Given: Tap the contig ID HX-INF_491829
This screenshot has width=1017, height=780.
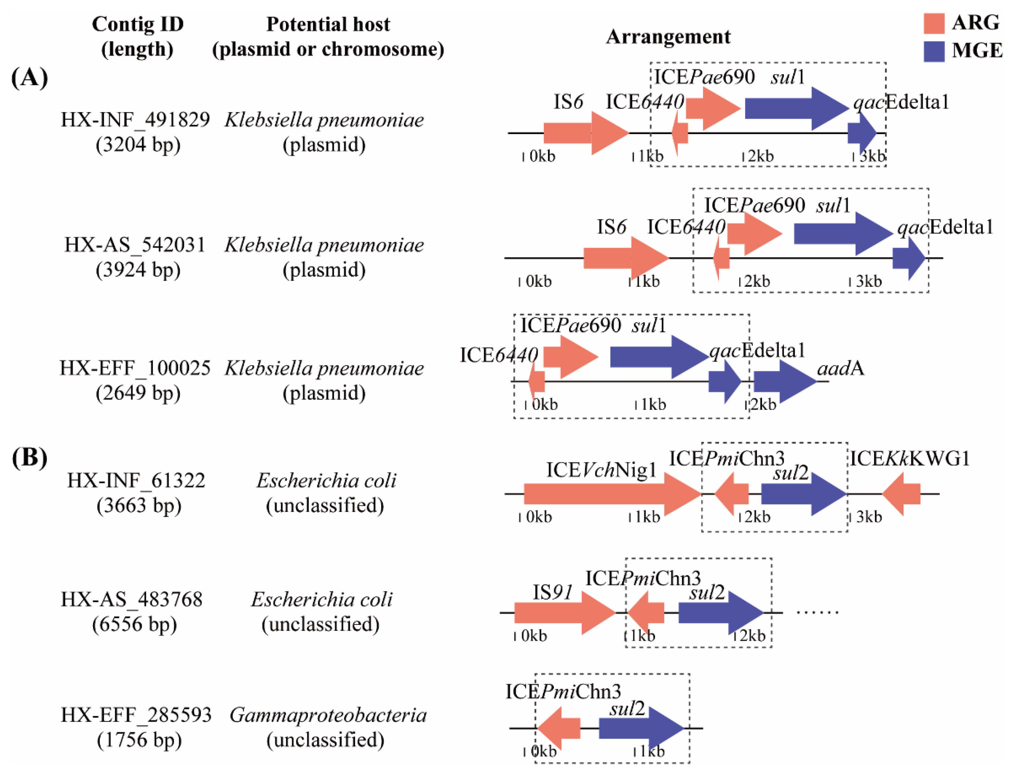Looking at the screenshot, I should [135, 120].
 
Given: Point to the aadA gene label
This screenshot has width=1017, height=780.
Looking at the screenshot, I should [840, 368].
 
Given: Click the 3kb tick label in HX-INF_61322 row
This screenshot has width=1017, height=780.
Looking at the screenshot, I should [868, 517].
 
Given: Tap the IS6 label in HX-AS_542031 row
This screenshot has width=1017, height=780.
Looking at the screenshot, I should [611, 227].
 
